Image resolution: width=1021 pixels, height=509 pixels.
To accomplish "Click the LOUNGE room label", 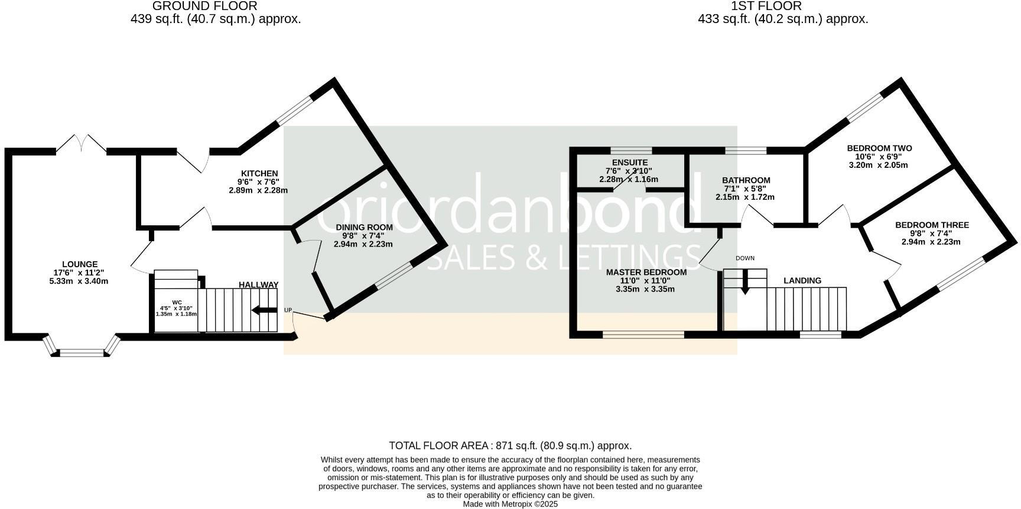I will pyautogui.click(x=79, y=264).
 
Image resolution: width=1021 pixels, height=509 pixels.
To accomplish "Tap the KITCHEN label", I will pyautogui.click(x=258, y=174).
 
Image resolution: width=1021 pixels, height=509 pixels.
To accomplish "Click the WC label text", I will pyautogui.click(x=177, y=302).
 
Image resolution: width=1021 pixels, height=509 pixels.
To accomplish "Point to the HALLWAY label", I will pyautogui.click(x=258, y=285).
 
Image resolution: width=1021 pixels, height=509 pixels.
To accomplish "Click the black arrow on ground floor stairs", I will pyautogui.click(x=264, y=310).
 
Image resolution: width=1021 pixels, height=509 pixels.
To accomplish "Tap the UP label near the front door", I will pyautogui.click(x=288, y=310).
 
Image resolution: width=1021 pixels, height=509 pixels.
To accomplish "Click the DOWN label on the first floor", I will pyautogui.click(x=745, y=258).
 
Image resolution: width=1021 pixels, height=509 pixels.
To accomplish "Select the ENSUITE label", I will pyautogui.click(x=630, y=163).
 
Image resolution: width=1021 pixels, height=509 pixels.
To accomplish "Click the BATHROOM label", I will pyautogui.click(x=746, y=180).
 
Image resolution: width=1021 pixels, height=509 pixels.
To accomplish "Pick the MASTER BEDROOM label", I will pyautogui.click(x=646, y=273).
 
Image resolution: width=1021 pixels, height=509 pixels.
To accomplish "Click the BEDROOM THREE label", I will pyautogui.click(x=932, y=225).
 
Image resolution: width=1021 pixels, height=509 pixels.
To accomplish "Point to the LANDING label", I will pyautogui.click(x=802, y=281).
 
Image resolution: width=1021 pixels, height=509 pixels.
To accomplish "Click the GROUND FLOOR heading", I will pyautogui.click(x=204, y=6).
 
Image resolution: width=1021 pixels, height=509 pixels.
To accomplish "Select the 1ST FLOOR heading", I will pyautogui.click(x=766, y=6).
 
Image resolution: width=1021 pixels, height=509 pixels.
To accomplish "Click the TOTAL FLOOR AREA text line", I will pyautogui.click(x=510, y=446).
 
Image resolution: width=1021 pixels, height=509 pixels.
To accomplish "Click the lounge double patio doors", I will pyautogui.click(x=82, y=144).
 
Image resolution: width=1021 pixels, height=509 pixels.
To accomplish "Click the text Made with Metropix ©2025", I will pyautogui.click(x=510, y=504).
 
